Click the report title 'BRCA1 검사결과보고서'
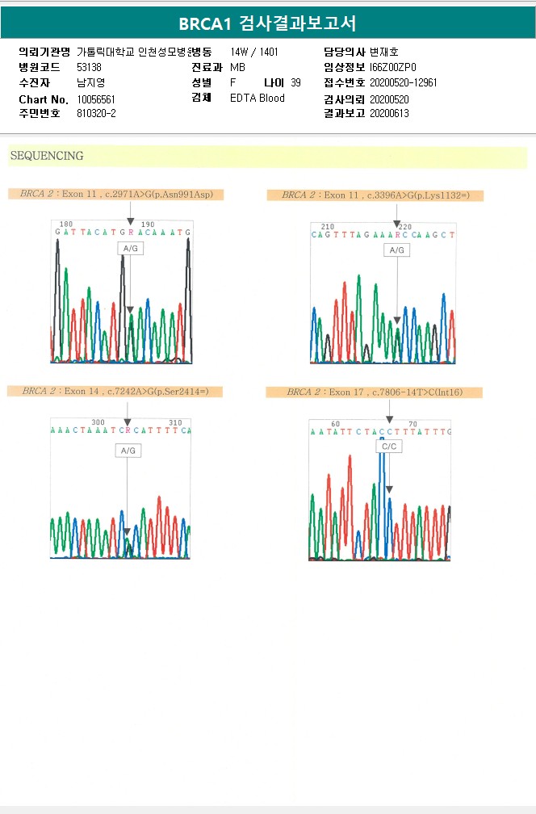tap(267, 23)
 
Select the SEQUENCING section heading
tap(47, 156)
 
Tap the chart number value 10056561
tap(96, 99)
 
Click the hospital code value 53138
tap(89, 67)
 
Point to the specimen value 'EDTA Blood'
tap(258, 99)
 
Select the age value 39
tap(295, 82)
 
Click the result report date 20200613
tap(389, 114)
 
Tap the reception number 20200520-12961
tap(403, 82)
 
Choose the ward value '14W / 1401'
tap(254, 52)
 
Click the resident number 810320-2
tap(96, 114)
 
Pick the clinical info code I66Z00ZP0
tap(393, 67)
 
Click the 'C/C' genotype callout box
tap(389, 446)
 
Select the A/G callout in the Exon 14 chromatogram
tap(128, 451)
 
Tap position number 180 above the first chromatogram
tap(66, 224)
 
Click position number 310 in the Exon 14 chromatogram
tap(175, 422)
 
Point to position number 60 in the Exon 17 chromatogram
tap(335, 424)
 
